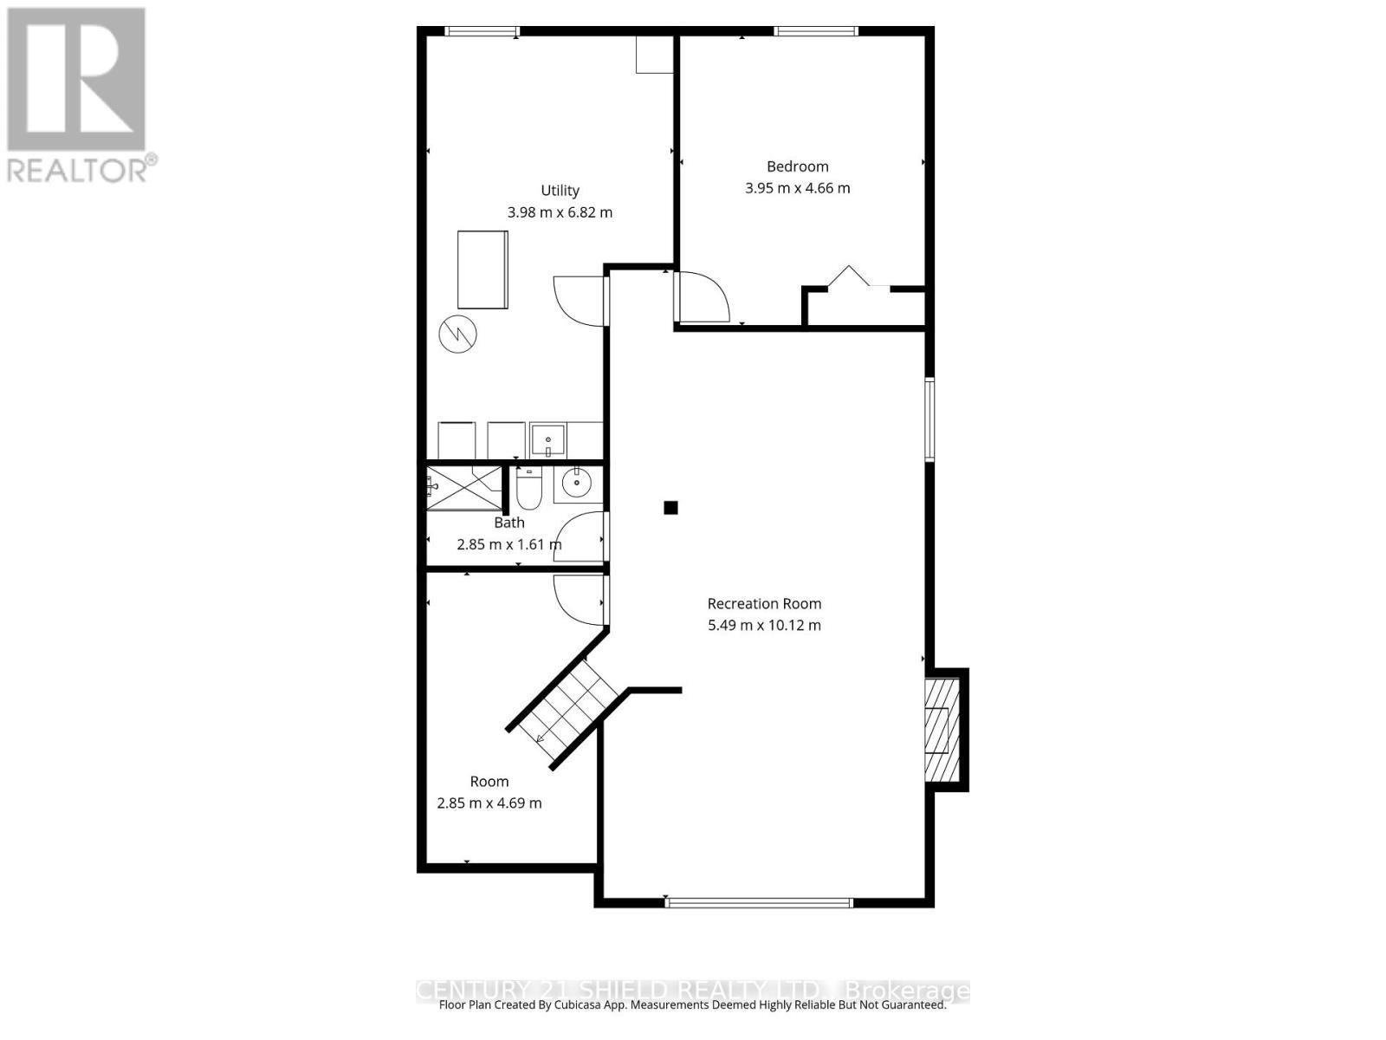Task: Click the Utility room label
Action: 560,191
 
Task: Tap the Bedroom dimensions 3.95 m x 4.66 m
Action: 797,188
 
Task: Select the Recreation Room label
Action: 764,604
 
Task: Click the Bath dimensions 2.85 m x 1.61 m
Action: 508,544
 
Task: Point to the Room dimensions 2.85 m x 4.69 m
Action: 489,803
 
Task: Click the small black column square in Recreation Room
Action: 670,508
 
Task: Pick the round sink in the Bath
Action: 576,484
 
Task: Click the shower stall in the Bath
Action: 464,488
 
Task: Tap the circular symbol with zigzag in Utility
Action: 457,334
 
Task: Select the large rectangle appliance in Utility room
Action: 483,270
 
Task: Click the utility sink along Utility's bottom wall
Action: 548,440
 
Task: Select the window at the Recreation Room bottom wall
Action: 759,902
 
